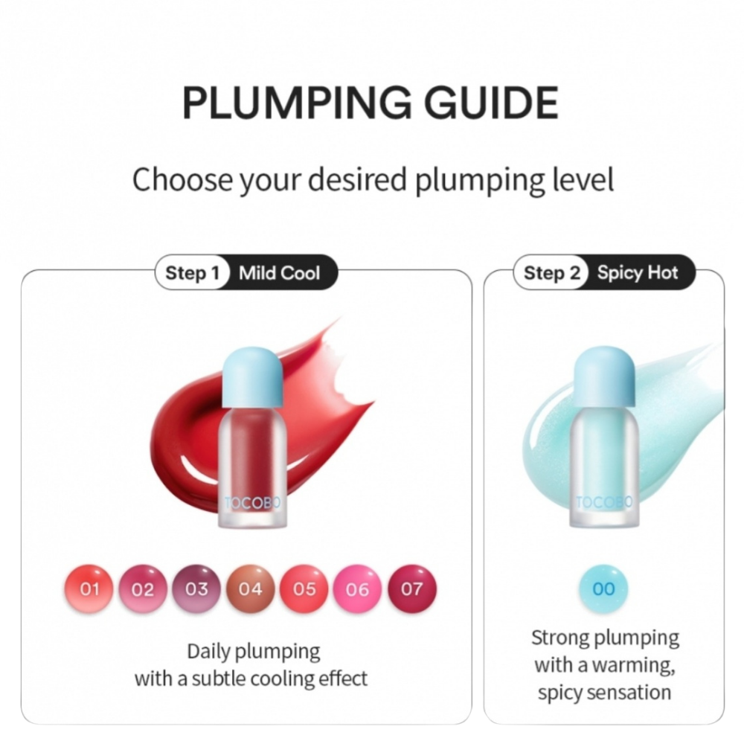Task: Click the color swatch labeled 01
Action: point(90,589)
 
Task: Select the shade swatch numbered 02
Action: point(144,589)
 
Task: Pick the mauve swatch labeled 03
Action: point(197,589)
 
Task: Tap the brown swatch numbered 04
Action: point(251,589)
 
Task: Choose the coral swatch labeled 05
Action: point(304,589)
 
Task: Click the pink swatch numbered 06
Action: point(358,589)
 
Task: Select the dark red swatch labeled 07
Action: point(411,589)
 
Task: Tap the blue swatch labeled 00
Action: point(604,589)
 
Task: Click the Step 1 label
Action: point(192,273)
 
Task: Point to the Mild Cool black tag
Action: point(280,273)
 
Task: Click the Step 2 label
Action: point(551,273)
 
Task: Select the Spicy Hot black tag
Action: point(638,273)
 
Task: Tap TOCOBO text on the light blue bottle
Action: point(604,504)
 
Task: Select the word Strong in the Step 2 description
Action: point(559,638)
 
